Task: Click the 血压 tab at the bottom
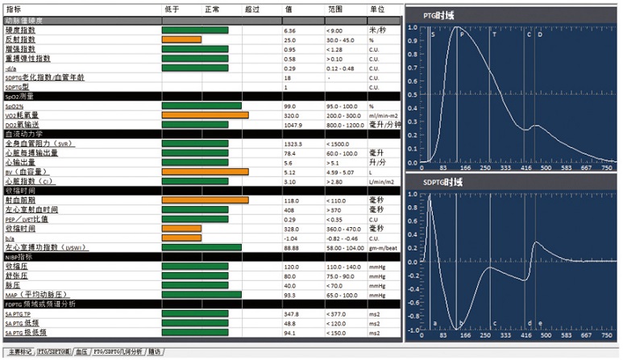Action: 81,352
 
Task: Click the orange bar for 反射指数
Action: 181,39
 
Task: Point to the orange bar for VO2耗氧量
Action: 205,115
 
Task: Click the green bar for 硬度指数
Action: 195,30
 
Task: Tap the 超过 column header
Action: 251,9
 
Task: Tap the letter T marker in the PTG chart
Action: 494,35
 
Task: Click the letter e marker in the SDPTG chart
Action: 540,323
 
